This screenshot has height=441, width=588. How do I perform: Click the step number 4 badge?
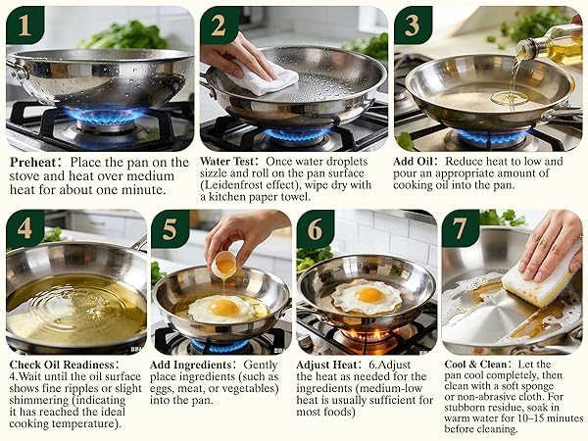click(x=24, y=229)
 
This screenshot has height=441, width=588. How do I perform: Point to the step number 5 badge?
click(x=170, y=229)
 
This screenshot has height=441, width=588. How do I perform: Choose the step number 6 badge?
click(x=316, y=229)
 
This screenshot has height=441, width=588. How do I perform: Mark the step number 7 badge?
click(x=461, y=229)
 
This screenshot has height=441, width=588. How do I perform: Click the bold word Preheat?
click(x=35, y=162)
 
